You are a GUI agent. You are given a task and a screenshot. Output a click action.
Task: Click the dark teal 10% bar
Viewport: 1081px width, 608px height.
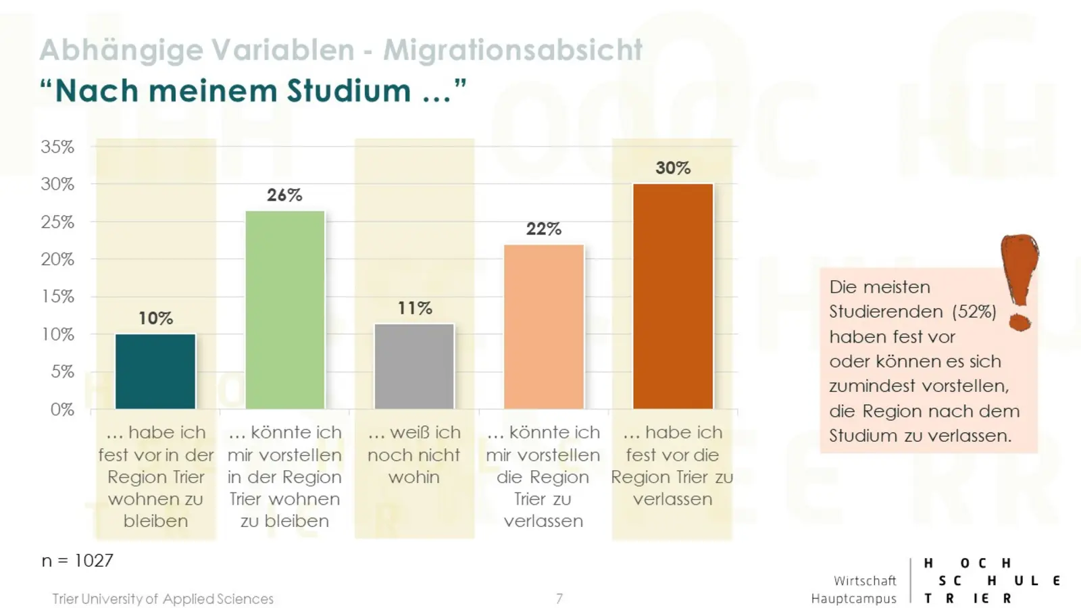[x=155, y=371]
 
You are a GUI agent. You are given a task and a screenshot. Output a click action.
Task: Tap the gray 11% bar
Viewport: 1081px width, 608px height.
[x=414, y=366]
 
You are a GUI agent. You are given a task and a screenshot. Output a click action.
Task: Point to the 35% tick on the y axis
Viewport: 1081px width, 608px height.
[x=57, y=147]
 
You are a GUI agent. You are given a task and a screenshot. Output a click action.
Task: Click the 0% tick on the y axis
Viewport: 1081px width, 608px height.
[x=61, y=409]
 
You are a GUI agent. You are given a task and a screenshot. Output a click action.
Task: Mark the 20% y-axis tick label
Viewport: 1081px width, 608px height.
[x=57, y=259]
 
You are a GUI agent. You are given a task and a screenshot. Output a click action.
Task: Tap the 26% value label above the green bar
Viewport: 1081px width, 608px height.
[x=284, y=195]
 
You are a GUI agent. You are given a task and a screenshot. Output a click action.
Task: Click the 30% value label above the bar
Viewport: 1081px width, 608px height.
[x=673, y=168]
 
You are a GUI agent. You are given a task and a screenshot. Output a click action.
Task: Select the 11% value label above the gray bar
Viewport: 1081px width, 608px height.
[x=414, y=308]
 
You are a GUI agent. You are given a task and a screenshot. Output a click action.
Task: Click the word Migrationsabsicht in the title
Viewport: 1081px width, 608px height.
[x=513, y=50]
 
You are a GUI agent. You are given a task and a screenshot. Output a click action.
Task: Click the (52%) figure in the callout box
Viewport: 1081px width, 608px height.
[x=974, y=311]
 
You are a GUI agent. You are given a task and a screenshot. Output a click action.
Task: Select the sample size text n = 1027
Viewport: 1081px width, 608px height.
[x=77, y=561]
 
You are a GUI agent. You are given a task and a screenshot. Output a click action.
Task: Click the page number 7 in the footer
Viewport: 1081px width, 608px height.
[x=559, y=599]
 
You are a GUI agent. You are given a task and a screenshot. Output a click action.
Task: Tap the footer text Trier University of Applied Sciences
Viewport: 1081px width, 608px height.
[x=163, y=599]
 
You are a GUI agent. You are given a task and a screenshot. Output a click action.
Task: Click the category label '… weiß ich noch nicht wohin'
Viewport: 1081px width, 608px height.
[x=414, y=455]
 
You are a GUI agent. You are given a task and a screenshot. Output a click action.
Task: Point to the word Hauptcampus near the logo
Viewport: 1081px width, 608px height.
[x=853, y=599]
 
